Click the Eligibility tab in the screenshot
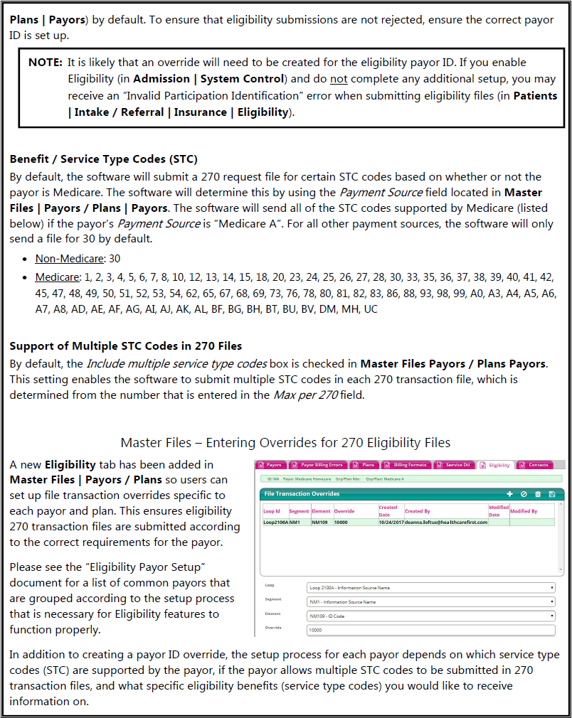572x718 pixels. point(496,465)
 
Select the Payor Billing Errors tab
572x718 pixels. point(321,465)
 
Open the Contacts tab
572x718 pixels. point(535,465)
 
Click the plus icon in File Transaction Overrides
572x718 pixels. point(509,493)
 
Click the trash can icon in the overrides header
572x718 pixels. point(537,493)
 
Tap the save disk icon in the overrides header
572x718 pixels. point(551,493)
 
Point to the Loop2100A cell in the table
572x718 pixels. point(275,522)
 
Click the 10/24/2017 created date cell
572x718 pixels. point(390,522)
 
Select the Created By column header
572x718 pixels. point(418,511)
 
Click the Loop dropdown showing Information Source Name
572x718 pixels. point(430,588)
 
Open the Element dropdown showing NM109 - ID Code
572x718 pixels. point(430,616)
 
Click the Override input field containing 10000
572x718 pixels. point(430,630)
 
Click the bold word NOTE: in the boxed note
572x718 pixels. point(46,63)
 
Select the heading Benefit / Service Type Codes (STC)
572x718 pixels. point(103,159)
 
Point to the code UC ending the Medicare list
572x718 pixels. point(371,310)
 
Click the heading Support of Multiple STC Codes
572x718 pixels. point(125,346)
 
